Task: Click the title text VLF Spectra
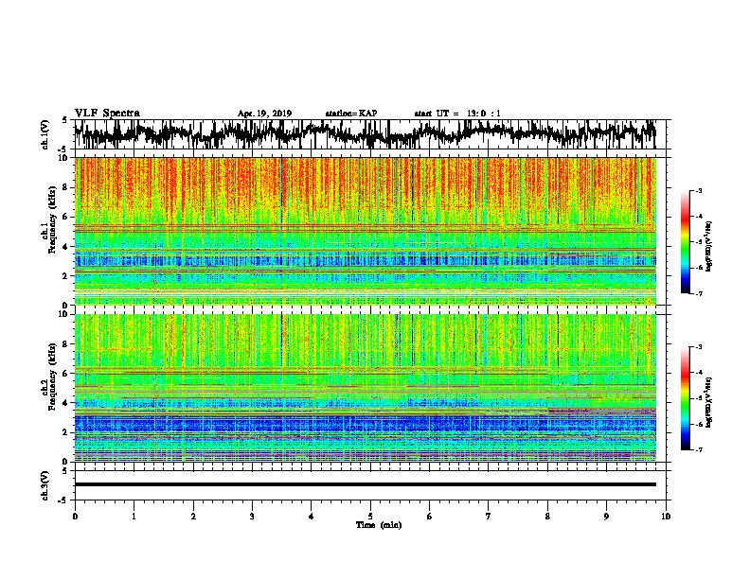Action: [107, 114]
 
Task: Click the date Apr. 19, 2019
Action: [264, 114]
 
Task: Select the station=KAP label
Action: [350, 114]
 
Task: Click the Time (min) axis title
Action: [370, 524]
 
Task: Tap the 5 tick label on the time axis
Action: [370, 515]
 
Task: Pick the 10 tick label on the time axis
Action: [666, 515]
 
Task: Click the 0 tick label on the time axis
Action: [75, 515]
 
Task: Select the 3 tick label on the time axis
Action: [252, 515]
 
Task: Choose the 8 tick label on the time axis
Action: [547, 515]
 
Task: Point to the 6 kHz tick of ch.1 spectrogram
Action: [63, 217]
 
